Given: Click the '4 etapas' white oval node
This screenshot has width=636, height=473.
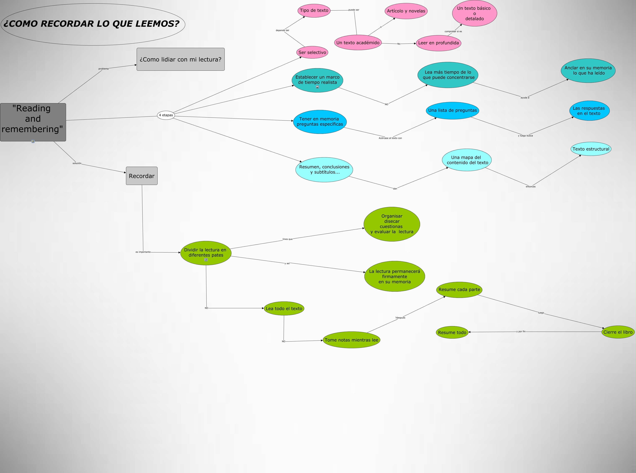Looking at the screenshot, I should pyautogui.click(x=166, y=115).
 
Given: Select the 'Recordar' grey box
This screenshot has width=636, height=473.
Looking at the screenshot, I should pyautogui.click(x=142, y=176).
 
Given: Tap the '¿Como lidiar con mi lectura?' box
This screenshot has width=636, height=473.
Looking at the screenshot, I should pyautogui.click(x=181, y=59).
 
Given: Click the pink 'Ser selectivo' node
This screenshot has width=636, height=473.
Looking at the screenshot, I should pyautogui.click(x=312, y=52).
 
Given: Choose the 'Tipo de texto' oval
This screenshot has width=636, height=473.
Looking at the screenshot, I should pyautogui.click(x=314, y=11).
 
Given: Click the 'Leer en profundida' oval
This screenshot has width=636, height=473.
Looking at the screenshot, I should pyautogui.click(x=438, y=43).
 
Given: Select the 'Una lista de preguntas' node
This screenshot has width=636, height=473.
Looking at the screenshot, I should pyautogui.click(x=452, y=110).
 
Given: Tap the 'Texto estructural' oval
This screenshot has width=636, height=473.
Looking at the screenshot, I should pyautogui.click(x=591, y=149).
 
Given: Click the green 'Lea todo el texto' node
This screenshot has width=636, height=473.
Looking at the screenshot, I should pyautogui.click(x=284, y=308).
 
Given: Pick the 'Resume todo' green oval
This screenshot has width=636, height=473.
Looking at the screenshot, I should pyautogui.click(x=452, y=332).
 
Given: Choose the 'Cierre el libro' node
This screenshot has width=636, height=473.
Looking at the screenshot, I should pyautogui.click(x=618, y=332).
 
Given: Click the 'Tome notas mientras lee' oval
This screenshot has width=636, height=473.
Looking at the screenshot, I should pyautogui.click(x=351, y=340).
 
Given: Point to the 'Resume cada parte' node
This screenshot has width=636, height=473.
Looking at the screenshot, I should pyautogui.click(x=459, y=290).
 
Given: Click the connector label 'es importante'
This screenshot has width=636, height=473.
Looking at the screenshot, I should pyautogui.click(x=143, y=252).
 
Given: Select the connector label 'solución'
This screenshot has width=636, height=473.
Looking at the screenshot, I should pyautogui.click(x=77, y=163).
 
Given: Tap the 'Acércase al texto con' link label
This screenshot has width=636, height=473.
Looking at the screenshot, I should pyautogui.click(x=390, y=138).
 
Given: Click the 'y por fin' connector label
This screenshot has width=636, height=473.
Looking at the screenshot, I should pyautogui.click(x=521, y=332).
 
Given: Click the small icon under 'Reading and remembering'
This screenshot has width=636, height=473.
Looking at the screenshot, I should pyautogui.click(x=33, y=141).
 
